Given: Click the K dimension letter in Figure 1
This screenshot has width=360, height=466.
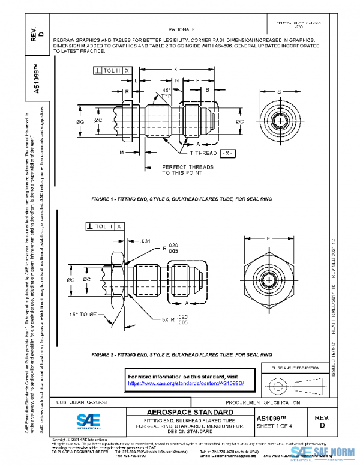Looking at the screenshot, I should click(175, 70).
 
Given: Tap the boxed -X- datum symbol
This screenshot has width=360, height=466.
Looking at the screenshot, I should click(227, 154).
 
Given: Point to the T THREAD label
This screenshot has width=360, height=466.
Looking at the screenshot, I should click(199, 154).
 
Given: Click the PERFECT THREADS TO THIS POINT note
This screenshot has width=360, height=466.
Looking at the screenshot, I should click(188, 170).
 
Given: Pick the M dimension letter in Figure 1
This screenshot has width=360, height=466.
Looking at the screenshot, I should click(121, 153).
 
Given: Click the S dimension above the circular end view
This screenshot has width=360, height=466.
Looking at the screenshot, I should click(279, 92).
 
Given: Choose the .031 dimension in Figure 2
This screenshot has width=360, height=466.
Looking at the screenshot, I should click(145, 241).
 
